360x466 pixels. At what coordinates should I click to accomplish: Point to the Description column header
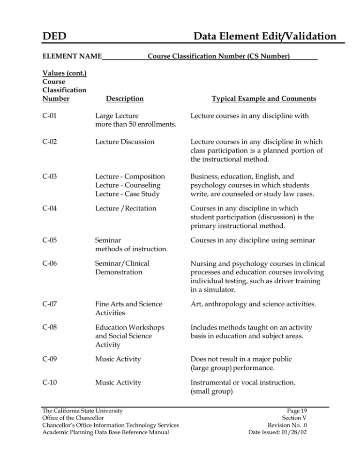125,99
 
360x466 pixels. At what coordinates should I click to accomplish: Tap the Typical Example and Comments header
264,99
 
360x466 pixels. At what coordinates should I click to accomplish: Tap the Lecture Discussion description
125,141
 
